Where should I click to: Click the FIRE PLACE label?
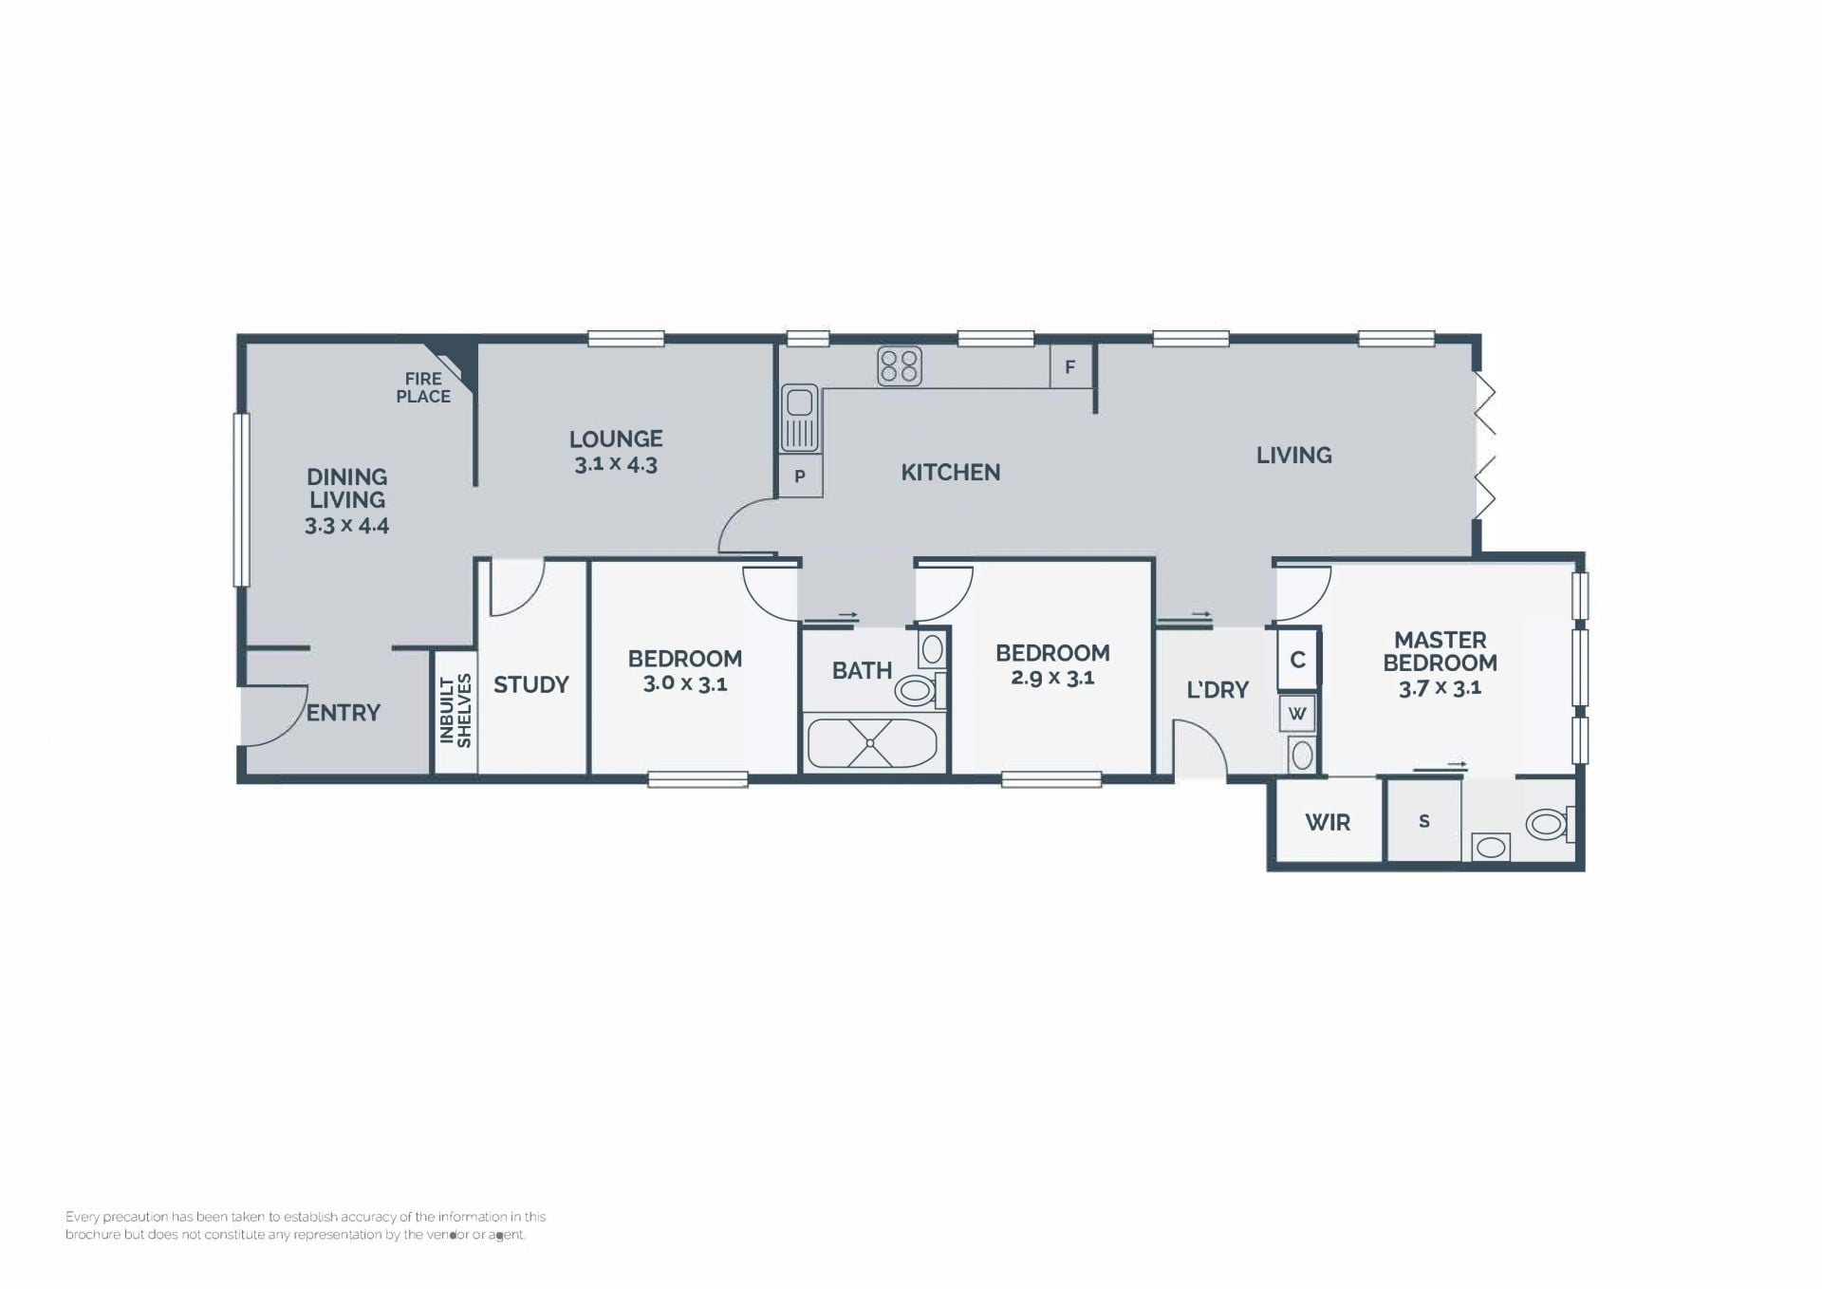[423, 387]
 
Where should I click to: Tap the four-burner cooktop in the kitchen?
[900, 366]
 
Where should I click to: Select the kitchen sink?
[799, 418]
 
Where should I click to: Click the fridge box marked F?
[1070, 366]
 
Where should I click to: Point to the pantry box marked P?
[800, 476]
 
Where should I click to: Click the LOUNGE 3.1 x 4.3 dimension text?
[616, 464]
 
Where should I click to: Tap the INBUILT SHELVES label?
[455, 711]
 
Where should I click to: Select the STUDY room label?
[531, 684]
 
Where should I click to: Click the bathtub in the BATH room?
[872, 743]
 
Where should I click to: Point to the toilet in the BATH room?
[919, 689]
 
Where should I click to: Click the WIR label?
[1328, 822]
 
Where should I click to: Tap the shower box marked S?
[1423, 820]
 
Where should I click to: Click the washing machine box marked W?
[1297, 713]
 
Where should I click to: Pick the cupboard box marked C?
[1297, 659]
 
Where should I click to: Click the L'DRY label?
[1218, 690]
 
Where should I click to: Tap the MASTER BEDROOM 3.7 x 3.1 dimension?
[1440, 688]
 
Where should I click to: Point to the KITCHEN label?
[950, 472]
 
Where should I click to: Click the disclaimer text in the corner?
[306, 1225]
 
